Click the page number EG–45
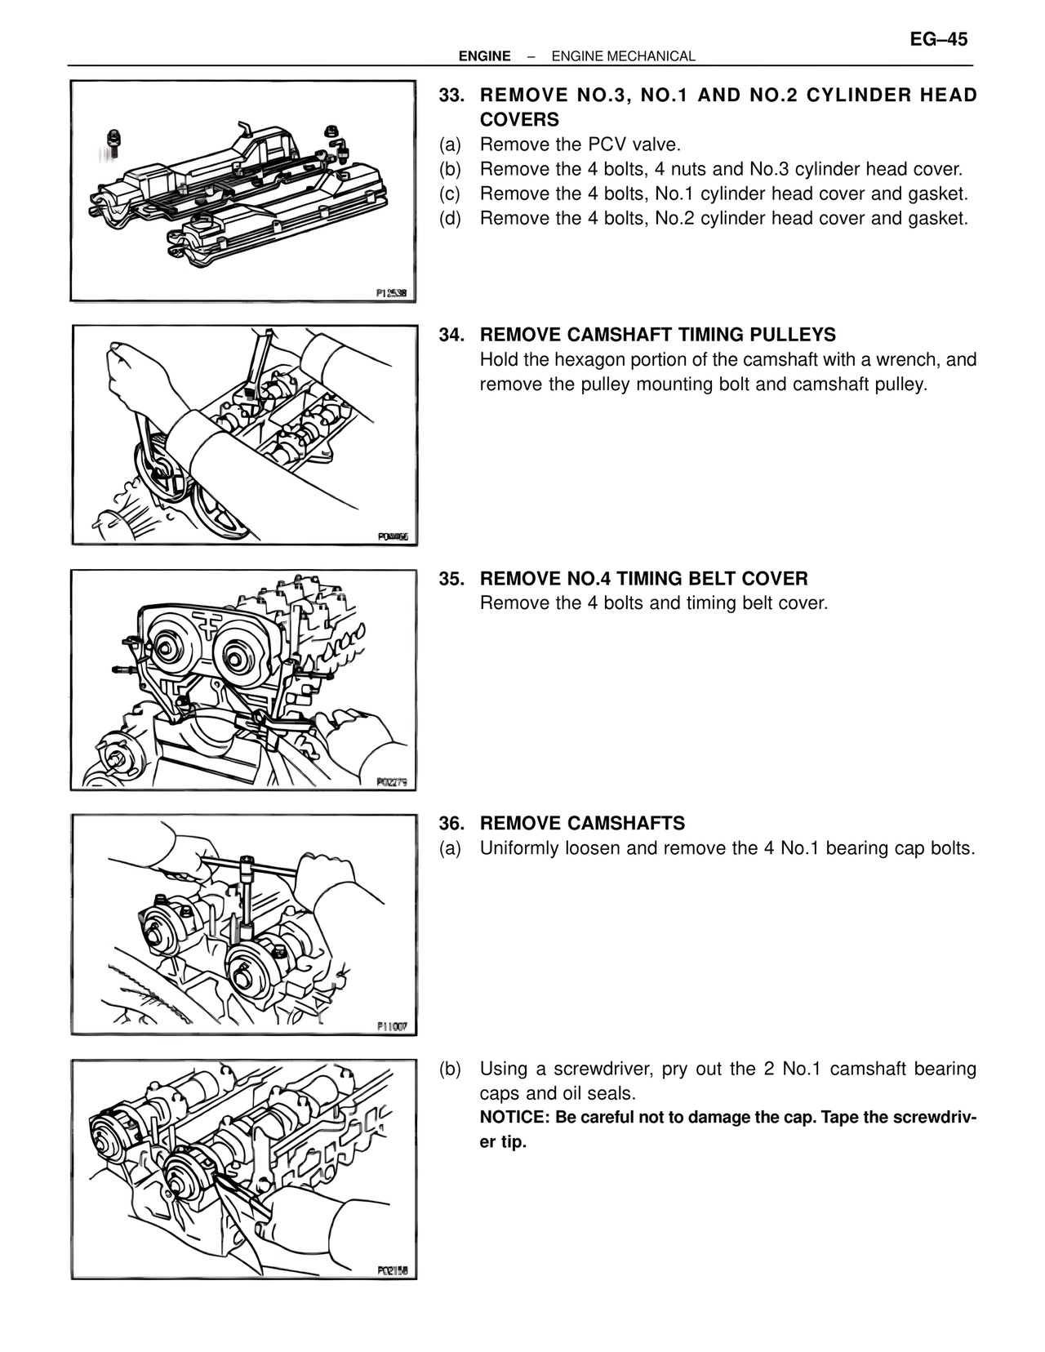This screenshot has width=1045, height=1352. (x=938, y=39)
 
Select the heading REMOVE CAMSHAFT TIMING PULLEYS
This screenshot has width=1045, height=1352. (x=657, y=335)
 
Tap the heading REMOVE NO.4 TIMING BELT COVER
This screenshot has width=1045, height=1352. (x=643, y=579)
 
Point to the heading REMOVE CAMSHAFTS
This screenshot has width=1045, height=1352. (x=582, y=823)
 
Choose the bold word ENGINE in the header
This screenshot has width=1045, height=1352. (x=484, y=56)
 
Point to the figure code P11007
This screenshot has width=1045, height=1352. (x=391, y=1026)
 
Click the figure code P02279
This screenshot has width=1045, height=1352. (x=391, y=782)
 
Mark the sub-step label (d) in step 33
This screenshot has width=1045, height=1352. (x=450, y=218)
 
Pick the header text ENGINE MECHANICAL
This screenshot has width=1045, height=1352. (x=623, y=56)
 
